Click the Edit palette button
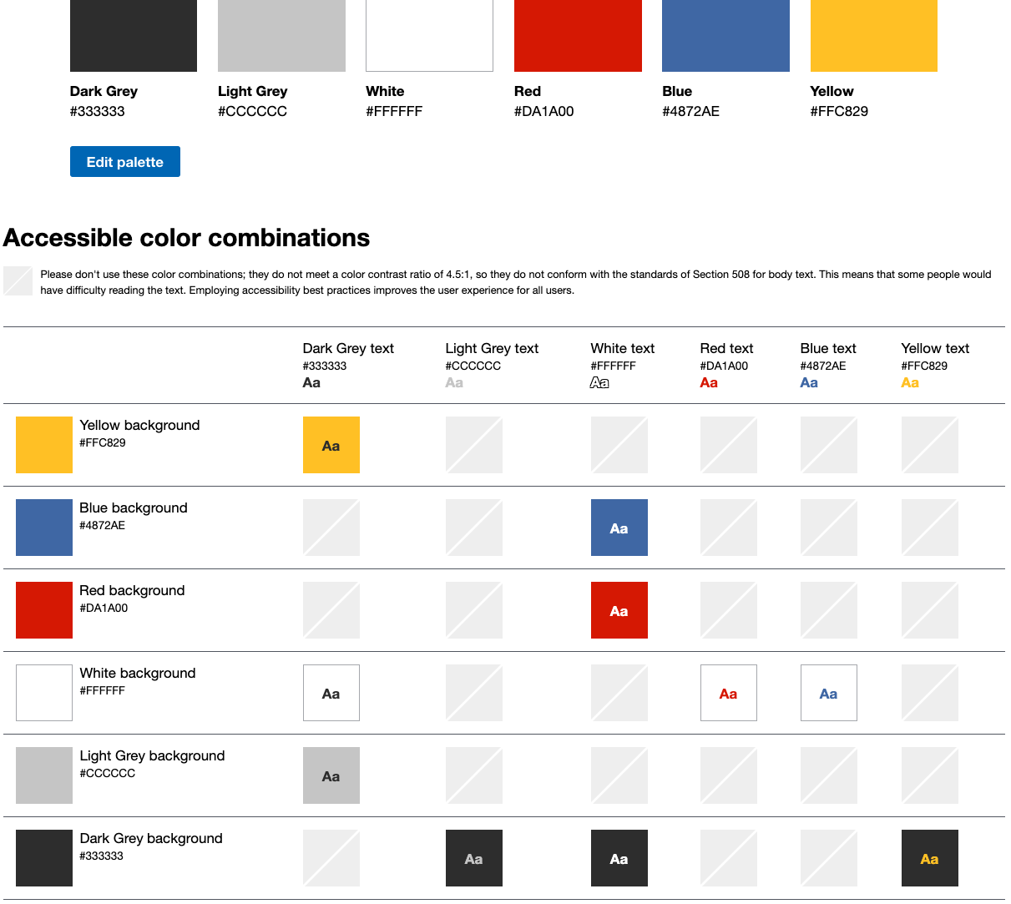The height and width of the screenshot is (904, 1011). pyautogui.click(x=124, y=162)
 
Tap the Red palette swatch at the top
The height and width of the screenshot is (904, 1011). pyautogui.click(x=578, y=36)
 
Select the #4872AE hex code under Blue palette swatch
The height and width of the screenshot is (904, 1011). pyautogui.click(x=690, y=111)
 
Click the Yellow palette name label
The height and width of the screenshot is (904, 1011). pyautogui.click(x=832, y=91)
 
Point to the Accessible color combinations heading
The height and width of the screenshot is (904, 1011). pyautogui.click(x=186, y=238)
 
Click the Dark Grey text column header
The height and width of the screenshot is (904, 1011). pyautogui.click(x=348, y=348)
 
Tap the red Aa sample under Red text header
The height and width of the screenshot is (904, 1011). pyautogui.click(x=709, y=383)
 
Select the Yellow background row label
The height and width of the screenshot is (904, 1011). pyautogui.click(x=139, y=425)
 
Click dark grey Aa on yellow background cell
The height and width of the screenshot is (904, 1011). pyautogui.click(x=331, y=445)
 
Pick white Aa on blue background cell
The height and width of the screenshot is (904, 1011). pyautogui.click(x=619, y=528)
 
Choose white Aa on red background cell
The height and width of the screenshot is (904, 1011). pyautogui.click(x=619, y=610)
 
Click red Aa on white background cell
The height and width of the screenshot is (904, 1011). pyautogui.click(x=729, y=693)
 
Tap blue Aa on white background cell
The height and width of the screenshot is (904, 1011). pyautogui.click(x=829, y=693)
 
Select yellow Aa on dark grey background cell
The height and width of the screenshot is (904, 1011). pyautogui.click(x=930, y=858)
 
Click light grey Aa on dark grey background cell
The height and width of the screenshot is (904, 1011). pyautogui.click(x=474, y=858)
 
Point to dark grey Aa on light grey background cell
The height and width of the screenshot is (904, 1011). pyautogui.click(x=331, y=775)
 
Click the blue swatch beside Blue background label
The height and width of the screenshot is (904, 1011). pyautogui.click(x=44, y=528)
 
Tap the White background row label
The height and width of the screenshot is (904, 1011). pyautogui.click(x=138, y=673)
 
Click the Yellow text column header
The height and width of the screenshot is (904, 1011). pyautogui.click(x=935, y=348)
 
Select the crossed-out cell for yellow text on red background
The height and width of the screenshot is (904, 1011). pyautogui.click(x=930, y=610)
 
